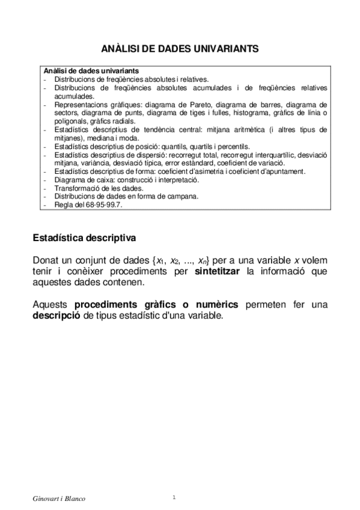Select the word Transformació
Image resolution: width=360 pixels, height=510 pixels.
point(76,188)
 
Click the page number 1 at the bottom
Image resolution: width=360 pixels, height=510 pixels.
point(174,497)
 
